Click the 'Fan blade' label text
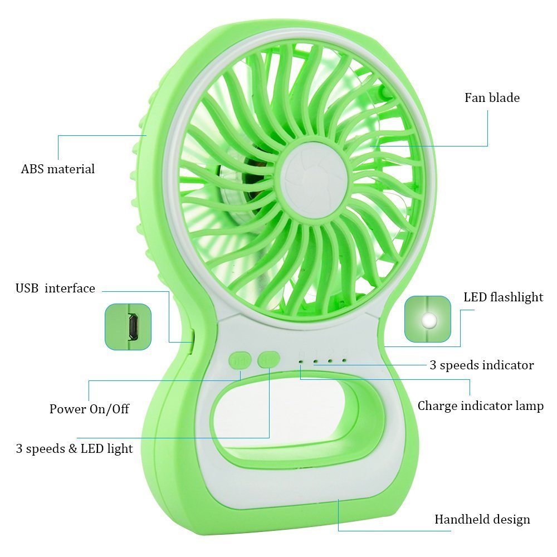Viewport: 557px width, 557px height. click(492, 98)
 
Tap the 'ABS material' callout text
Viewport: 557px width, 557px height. click(58, 169)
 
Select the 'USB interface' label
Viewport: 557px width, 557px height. click(55, 289)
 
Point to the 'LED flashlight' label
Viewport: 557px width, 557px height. click(503, 297)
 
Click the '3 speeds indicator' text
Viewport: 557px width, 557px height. click(481, 365)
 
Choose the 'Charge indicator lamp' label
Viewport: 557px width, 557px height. click(480, 405)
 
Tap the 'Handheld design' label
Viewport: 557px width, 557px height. click(482, 520)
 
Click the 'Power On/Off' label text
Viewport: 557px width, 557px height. click(89, 409)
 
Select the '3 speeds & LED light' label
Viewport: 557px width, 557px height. click(74, 448)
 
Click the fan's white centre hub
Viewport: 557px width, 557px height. click(314, 178)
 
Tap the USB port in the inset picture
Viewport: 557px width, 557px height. click(133, 326)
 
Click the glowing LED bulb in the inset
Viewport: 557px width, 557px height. click(429, 320)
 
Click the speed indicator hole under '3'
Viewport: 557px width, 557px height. click(344, 360)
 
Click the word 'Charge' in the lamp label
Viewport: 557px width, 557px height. click(437, 405)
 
